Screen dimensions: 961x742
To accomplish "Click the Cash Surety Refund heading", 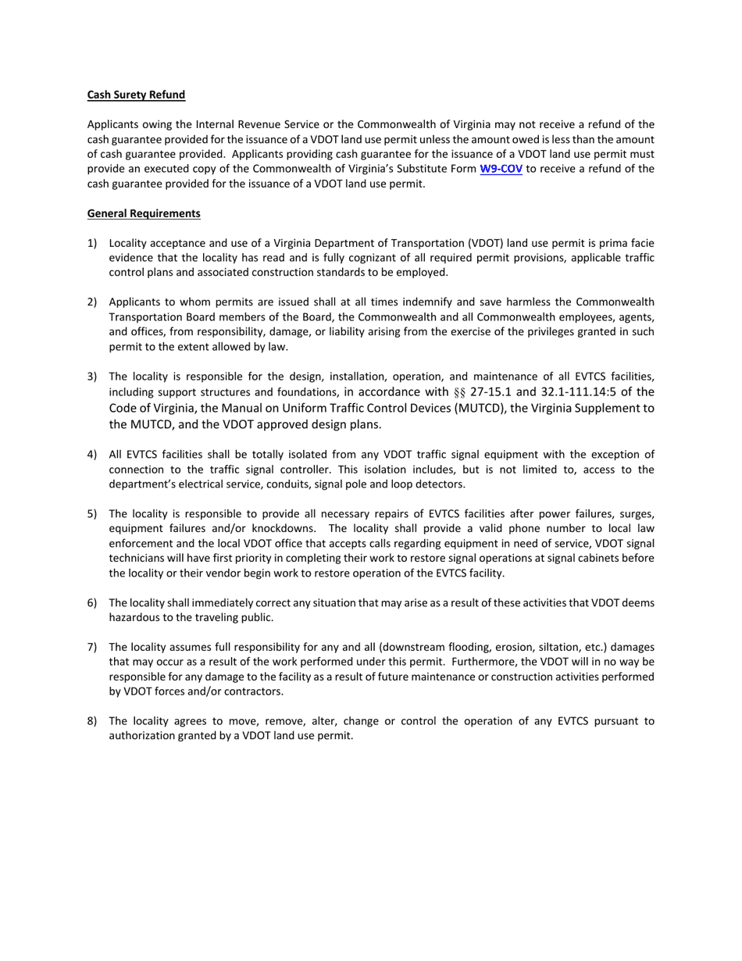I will point(136,95).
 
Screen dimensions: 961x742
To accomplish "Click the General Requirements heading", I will point(144,213).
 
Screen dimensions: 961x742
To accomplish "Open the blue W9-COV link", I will point(501,169).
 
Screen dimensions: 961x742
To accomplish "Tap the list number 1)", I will point(92,243).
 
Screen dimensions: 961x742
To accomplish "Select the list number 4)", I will point(92,455).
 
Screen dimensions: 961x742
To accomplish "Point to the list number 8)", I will point(92,721).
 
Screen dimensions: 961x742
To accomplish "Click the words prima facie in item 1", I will point(627,243).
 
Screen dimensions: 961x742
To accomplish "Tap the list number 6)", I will point(92,603).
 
